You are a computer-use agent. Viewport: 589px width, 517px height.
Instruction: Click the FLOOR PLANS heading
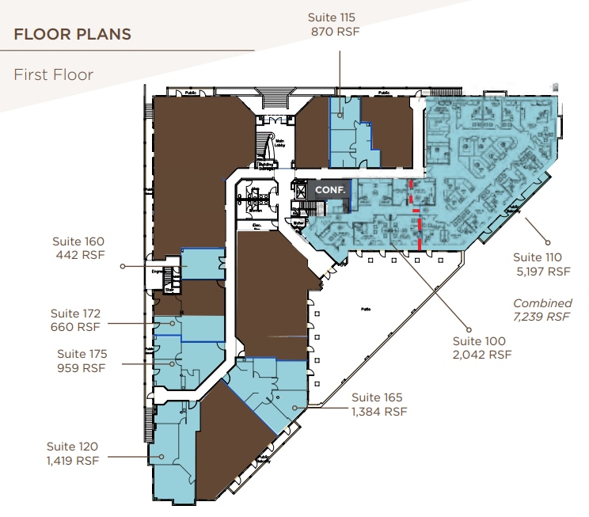pos(72,34)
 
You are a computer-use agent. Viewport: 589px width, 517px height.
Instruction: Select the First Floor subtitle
pos(53,75)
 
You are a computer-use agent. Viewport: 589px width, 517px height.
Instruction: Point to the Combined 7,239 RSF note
pos(541,310)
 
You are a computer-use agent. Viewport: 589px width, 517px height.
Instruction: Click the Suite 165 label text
pos(378,397)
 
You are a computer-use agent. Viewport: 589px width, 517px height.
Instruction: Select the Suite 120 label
pos(73,447)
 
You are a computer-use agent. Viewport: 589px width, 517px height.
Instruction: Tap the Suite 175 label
pos(82,354)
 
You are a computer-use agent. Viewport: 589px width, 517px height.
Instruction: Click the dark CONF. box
pos(328,190)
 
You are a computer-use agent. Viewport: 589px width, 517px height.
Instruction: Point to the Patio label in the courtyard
pos(367,308)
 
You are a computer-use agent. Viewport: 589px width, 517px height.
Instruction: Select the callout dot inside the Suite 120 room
pos(161,456)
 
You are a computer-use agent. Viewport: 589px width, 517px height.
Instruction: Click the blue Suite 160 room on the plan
pos(203,263)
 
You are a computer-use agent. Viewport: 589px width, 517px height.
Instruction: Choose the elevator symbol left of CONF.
pos(300,190)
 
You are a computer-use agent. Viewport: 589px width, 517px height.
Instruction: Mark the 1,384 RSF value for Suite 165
pos(379,412)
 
